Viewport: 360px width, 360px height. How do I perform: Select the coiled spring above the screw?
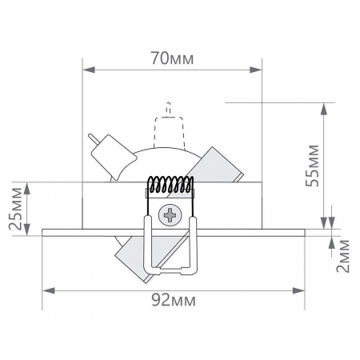point(170,186)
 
